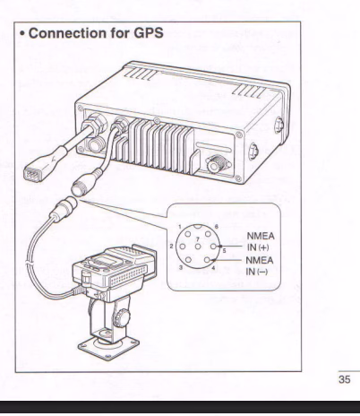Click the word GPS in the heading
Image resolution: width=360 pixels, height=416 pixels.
click(149, 33)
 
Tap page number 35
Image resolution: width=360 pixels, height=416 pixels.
click(344, 379)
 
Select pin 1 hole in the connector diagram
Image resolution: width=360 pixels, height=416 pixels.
click(188, 234)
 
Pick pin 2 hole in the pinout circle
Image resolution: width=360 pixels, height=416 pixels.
click(182, 247)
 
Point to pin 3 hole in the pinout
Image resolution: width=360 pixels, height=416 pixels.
click(188, 260)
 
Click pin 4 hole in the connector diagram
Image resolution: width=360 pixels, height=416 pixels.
click(208, 260)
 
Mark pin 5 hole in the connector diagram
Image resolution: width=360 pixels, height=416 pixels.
click(213, 247)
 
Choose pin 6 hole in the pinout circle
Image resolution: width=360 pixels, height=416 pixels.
click(208, 234)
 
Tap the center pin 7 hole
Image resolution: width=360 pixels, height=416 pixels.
click(198, 247)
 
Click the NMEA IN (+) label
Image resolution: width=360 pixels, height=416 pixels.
click(261, 242)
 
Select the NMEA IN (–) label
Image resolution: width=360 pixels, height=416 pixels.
click(260, 266)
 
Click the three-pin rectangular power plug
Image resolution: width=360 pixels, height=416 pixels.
click(33, 173)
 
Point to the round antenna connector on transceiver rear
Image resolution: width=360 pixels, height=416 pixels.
click(216, 164)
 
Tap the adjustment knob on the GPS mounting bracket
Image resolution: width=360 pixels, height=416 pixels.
click(122, 316)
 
